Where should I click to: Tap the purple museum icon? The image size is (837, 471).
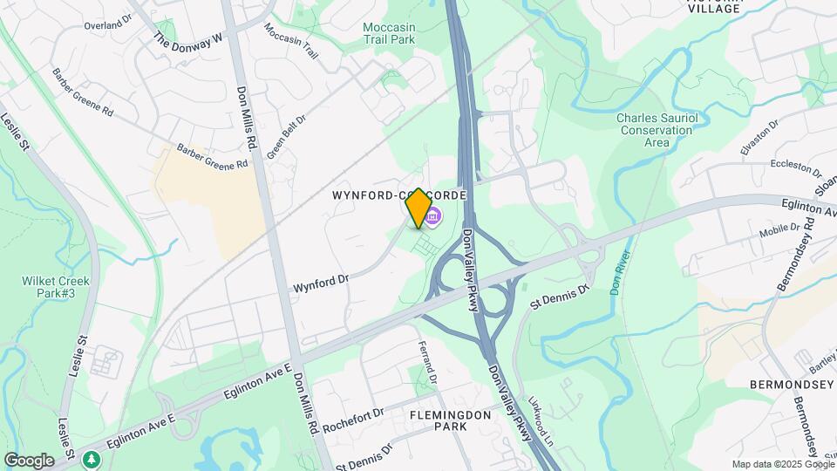tap(433, 215)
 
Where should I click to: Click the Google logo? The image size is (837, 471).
tap(29, 460)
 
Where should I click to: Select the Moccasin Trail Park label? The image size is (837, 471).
tap(389, 33)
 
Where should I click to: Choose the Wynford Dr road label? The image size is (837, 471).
tap(321, 282)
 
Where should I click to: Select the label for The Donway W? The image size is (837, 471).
tap(189, 40)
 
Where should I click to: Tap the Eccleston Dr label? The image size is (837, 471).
tap(796, 167)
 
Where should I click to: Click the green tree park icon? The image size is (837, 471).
tap(90, 458)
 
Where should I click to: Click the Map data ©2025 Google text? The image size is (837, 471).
tap(781, 464)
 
